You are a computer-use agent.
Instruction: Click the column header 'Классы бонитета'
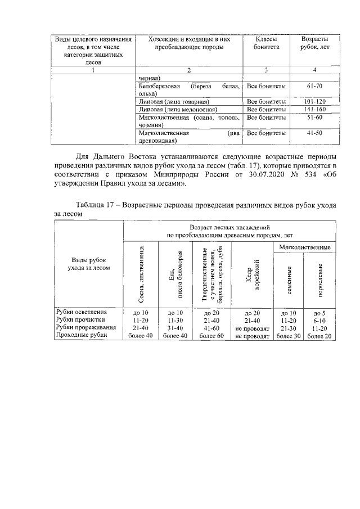pos(266,44)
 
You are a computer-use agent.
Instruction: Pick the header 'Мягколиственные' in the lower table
pos(304,247)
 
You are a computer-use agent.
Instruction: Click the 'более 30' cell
pos(287,336)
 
